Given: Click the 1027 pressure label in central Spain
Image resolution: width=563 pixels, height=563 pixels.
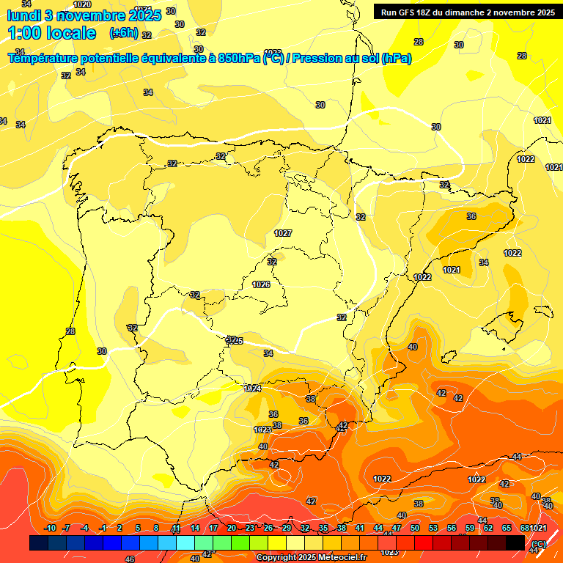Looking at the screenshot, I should [x=283, y=233].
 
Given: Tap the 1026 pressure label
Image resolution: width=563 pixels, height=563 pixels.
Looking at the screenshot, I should [x=261, y=284].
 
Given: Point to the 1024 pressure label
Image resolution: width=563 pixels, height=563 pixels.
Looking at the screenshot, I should [x=252, y=389].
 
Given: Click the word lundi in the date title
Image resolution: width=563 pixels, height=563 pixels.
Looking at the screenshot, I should [x=28, y=15].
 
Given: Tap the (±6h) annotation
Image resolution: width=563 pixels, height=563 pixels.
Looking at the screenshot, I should [x=123, y=33].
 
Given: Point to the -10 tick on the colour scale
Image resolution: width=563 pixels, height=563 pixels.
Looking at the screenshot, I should [x=50, y=529].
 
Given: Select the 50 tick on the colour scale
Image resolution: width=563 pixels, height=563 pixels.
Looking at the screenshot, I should [x=415, y=529].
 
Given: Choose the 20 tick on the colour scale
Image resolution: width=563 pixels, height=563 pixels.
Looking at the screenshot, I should [x=232, y=529].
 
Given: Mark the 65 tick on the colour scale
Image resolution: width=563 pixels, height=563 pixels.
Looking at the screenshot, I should [x=507, y=529].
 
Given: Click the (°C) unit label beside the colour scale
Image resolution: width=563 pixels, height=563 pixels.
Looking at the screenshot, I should [x=538, y=543].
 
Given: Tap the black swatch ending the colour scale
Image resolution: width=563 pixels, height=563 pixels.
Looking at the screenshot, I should [x=515, y=542].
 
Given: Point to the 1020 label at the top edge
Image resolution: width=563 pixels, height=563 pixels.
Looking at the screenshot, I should [x=82, y=4].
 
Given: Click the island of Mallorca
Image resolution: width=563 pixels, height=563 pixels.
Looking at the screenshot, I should [x=511, y=320].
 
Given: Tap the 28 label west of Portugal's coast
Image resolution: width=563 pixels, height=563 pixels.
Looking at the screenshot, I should [x=70, y=332].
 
